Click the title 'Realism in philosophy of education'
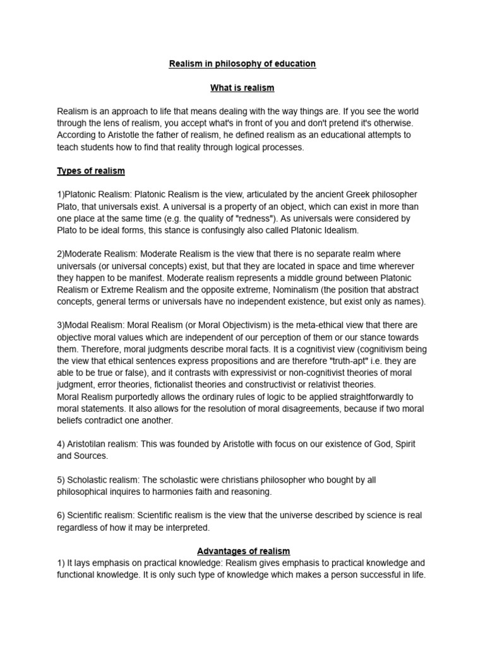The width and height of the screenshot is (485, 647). coord(242,64)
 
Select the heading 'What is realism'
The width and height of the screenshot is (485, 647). coord(242,87)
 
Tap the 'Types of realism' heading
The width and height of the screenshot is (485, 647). coord(91,171)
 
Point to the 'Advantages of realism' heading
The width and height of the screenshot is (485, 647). coord(242,552)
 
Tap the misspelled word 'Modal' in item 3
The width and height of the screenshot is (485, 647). coord(76,325)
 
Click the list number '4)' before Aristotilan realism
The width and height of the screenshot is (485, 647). coord(61,444)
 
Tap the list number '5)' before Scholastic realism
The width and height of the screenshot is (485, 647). coord(61,480)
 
